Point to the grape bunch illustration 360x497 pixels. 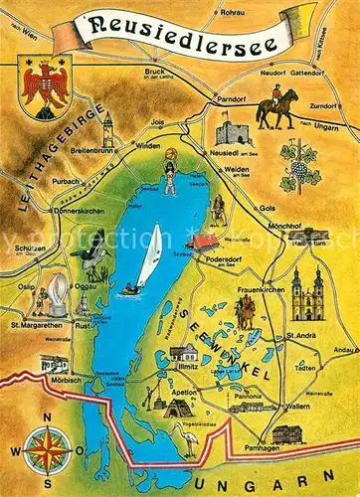tap(296, 160)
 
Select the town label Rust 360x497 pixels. tap(86, 326)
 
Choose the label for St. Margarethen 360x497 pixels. tap(33, 325)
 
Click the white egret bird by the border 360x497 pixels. tap(187, 438)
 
